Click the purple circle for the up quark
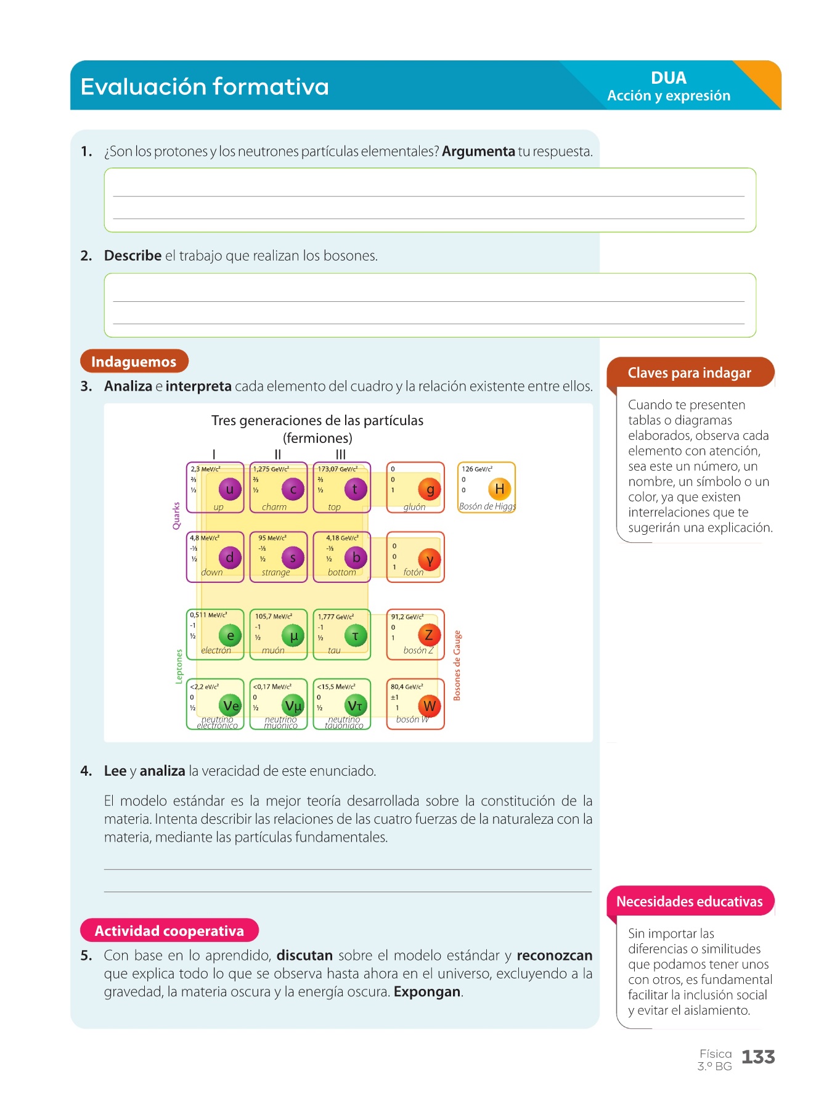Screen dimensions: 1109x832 click(230, 489)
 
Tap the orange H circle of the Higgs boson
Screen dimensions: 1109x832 click(499, 489)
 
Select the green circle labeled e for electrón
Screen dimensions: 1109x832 click(230, 636)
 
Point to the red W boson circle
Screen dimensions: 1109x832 click(430, 706)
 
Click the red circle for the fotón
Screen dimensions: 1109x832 click(430, 559)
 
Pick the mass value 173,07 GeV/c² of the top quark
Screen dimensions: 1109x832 click(337, 469)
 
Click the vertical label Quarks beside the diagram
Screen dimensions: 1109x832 click(176, 515)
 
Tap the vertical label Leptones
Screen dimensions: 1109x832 click(179, 666)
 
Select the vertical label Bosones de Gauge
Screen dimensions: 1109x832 click(457, 665)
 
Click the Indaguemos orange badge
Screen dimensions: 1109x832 click(134, 362)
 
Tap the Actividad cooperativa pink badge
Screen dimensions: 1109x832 click(169, 930)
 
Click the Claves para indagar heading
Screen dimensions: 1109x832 click(689, 373)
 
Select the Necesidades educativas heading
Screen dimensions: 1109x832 click(689, 901)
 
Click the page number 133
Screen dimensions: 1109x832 click(758, 1057)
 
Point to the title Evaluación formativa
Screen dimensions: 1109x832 click(205, 87)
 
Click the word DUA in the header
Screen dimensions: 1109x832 click(669, 78)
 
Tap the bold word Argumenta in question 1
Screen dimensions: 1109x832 click(478, 152)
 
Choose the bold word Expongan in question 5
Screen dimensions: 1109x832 click(427, 992)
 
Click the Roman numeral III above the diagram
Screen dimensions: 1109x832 click(341, 455)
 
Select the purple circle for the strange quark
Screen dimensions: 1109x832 click(293, 558)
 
